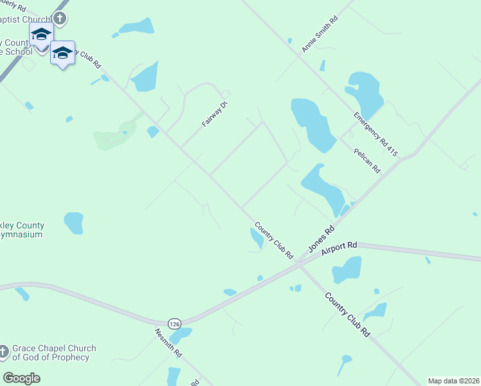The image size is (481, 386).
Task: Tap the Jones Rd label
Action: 322,239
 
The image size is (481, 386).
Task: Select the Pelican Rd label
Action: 367,160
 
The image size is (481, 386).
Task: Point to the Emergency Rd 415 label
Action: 376,134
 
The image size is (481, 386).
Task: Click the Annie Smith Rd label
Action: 320,35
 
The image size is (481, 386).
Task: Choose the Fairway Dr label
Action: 215,114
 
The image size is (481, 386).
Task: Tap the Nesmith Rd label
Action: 169,344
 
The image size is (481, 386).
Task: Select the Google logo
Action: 22,378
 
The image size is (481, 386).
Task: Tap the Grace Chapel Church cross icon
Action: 3,352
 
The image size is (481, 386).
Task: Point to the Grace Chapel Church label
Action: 54,353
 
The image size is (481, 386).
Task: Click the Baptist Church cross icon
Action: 60,18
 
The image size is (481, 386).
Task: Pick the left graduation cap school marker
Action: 41,34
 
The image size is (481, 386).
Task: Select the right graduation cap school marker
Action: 62,53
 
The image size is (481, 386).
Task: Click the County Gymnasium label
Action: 22,230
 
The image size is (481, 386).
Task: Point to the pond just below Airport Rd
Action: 347,270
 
